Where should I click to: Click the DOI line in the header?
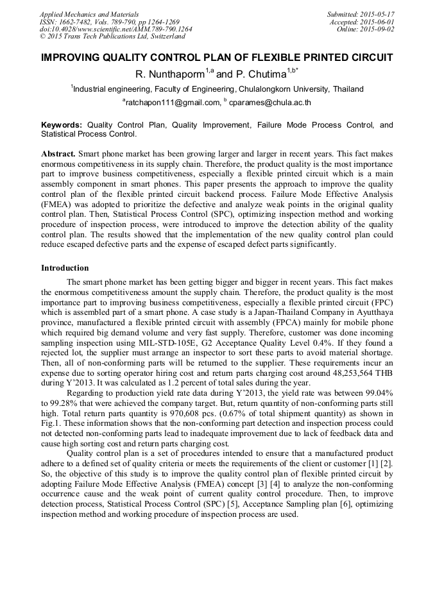click(x=115, y=29)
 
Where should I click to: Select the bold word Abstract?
click(x=59, y=155)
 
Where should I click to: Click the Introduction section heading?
click(x=65, y=267)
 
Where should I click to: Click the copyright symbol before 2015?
click(x=42, y=37)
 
